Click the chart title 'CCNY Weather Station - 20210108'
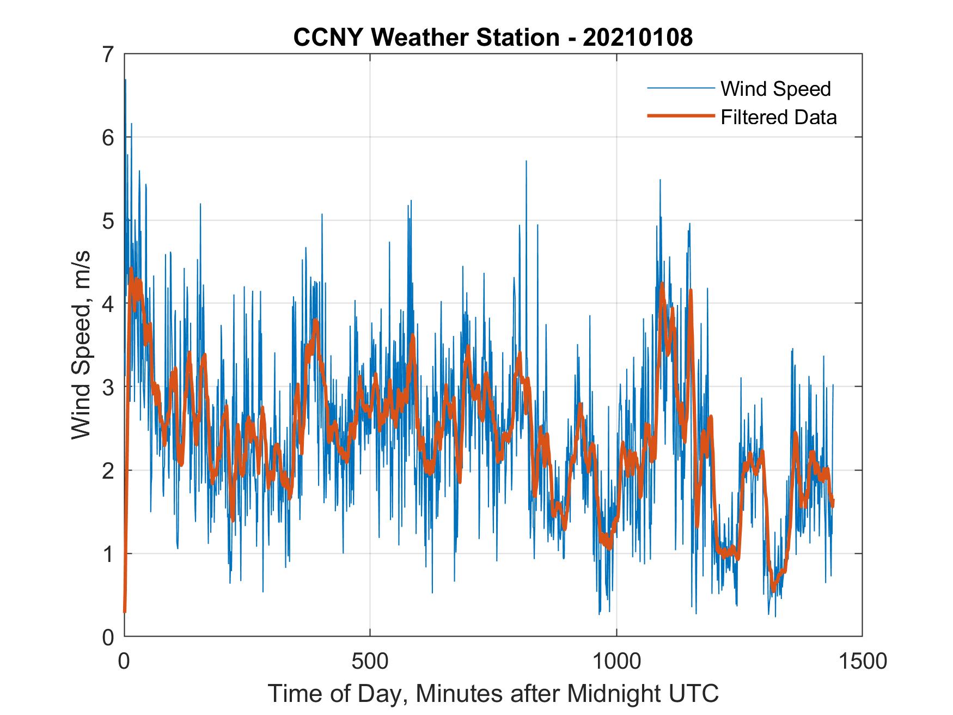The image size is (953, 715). pyautogui.click(x=493, y=38)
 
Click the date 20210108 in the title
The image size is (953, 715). pyautogui.click(x=638, y=38)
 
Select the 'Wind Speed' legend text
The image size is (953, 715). pyautogui.click(x=775, y=89)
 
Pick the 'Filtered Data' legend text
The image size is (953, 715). pyautogui.click(x=778, y=117)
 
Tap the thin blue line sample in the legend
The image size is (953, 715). pyautogui.click(x=680, y=88)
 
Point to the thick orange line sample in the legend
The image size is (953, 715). pyautogui.click(x=680, y=116)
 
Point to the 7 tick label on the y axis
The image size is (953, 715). pyautogui.click(x=108, y=55)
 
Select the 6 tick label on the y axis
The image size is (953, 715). pyautogui.click(x=108, y=138)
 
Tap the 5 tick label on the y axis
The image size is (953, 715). pyautogui.click(x=108, y=221)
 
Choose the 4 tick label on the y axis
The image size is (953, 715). pyautogui.click(x=108, y=304)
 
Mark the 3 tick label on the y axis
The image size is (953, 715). pyautogui.click(x=108, y=387)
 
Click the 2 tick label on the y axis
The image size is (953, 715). pyautogui.click(x=108, y=470)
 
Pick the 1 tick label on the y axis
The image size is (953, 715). pyautogui.click(x=108, y=554)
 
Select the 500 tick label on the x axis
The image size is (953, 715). pyautogui.click(x=370, y=661)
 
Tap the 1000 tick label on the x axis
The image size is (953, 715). pyautogui.click(x=616, y=661)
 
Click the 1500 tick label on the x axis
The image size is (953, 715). pyautogui.click(x=863, y=661)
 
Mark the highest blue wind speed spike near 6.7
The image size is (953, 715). pyautogui.click(x=126, y=81)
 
